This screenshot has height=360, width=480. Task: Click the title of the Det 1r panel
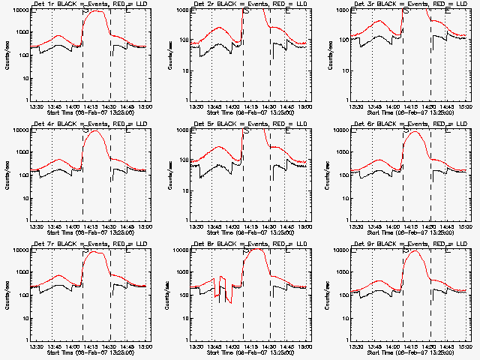point(90,4)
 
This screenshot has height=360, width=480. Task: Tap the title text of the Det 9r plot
point(409,244)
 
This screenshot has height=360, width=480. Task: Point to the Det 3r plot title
point(409,4)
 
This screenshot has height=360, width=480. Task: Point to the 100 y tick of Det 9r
point(342,295)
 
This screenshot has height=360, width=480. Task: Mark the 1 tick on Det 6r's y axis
point(346,220)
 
